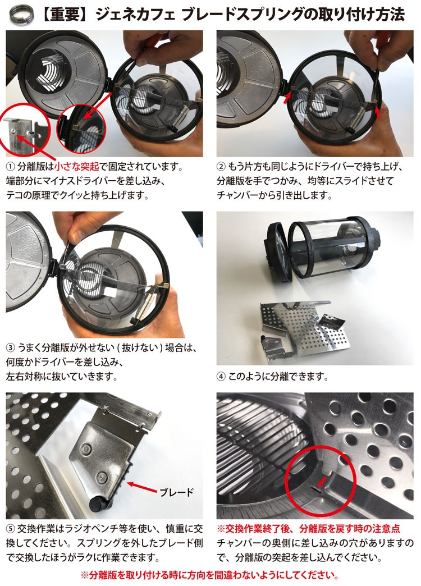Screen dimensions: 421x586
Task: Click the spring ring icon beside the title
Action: pos(21,15)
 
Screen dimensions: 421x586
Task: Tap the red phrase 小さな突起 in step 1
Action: pos(77,167)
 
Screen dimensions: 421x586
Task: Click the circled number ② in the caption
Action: pos(221,167)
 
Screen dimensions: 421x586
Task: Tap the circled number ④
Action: pos(221,376)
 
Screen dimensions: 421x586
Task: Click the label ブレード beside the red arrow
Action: pos(176,492)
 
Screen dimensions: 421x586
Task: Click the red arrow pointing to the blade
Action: pos(142,487)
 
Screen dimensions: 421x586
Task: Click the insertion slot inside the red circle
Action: pos(316,489)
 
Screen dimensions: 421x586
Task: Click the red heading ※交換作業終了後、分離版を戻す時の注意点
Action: pos(309,529)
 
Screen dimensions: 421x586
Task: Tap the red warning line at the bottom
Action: pos(210,574)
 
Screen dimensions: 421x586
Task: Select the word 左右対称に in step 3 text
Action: pos(29,376)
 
